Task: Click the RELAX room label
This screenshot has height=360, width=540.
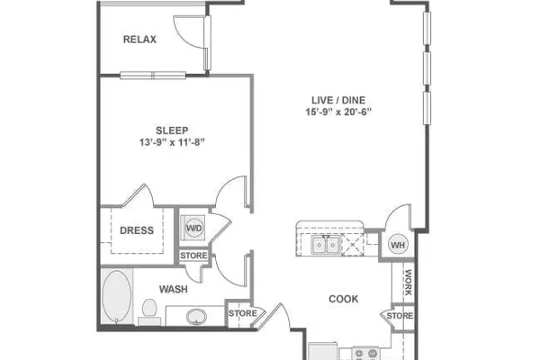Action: [x=139, y=40]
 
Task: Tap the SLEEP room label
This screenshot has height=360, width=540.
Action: [x=172, y=130]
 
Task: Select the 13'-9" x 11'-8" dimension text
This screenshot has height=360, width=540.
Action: [x=172, y=142]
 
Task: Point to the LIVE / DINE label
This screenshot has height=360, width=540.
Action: [x=338, y=100]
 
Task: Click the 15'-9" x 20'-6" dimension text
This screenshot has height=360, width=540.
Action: [x=338, y=112]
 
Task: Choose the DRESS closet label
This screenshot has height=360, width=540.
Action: [x=137, y=230]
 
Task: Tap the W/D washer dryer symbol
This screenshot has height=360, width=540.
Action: [x=194, y=228]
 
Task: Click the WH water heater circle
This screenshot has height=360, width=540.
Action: [x=398, y=245]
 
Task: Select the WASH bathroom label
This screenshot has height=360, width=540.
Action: [x=173, y=290]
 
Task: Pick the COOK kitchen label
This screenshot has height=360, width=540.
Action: [x=344, y=299]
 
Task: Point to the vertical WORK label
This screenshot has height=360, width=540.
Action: [x=409, y=283]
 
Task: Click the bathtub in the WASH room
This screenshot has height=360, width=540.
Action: [x=117, y=297]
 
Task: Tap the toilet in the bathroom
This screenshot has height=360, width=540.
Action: [x=149, y=311]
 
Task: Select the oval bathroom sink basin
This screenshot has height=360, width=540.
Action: [x=196, y=317]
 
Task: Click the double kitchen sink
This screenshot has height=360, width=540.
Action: [x=326, y=246]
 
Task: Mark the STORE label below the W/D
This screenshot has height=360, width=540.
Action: [x=193, y=256]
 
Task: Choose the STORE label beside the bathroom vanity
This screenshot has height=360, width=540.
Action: [x=243, y=313]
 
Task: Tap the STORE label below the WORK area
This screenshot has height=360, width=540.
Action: [x=400, y=316]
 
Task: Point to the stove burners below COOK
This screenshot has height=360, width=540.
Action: [x=365, y=354]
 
